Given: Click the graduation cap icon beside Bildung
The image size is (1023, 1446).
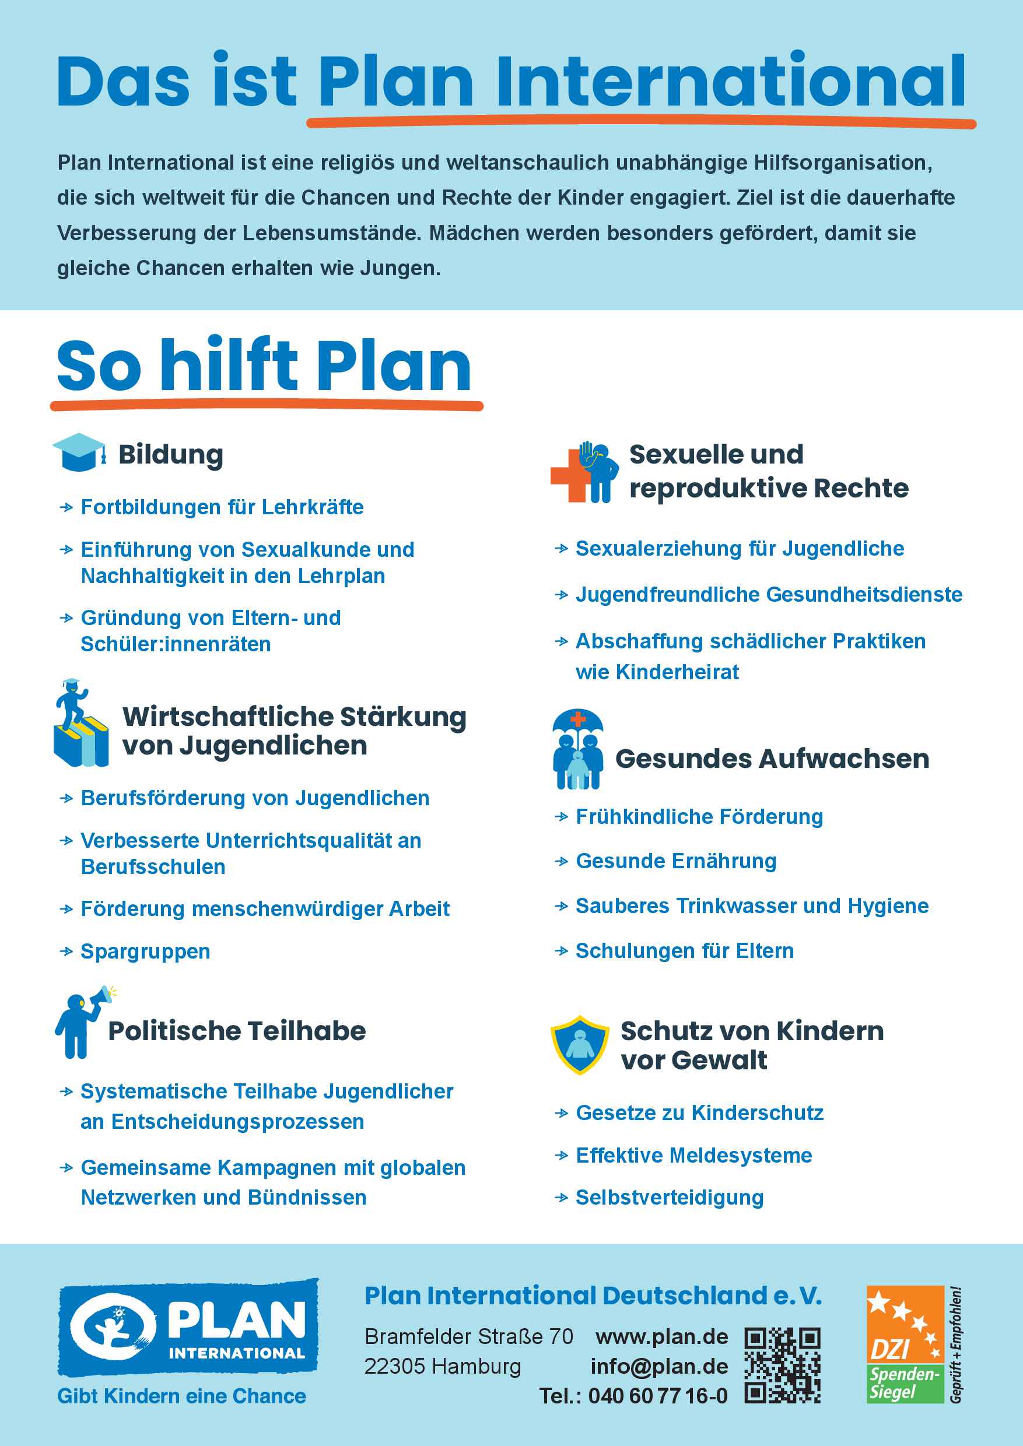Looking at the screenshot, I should click(x=79, y=452).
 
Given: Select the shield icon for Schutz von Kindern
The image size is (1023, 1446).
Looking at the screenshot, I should click(x=580, y=1045).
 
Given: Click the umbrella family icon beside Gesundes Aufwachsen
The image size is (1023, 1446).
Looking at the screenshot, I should click(x=577, y=749).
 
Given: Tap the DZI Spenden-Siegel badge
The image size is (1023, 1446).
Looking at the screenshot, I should click(x=905, y=1345).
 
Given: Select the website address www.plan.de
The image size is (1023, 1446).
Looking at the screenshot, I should click(x=661, y=1336).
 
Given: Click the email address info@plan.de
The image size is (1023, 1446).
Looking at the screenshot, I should click(x=659, y=1366).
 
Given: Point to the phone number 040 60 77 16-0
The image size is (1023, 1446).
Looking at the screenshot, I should click(x=658, y=1396).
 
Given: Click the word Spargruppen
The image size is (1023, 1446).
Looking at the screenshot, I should click(x=145, y=952).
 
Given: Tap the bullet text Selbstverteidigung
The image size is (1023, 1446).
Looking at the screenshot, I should click(x=670, y=1197).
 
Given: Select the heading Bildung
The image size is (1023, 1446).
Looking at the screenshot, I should click(x=171, y=454).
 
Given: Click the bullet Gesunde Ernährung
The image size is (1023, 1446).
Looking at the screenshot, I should click(x=676, y=861).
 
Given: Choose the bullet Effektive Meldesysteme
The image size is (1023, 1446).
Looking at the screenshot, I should click(x=693, y=1155).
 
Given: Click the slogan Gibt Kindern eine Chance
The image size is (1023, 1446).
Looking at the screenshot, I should click(x=181, y=1396).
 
